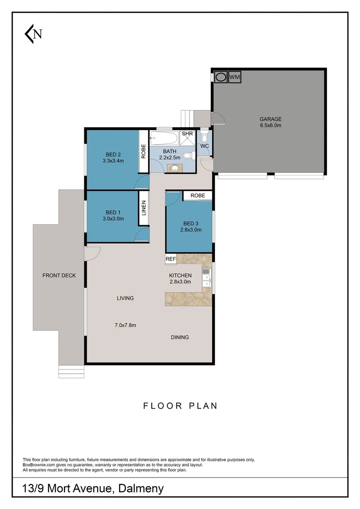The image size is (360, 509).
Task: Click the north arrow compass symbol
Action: pyautogui.click(x=33, y=34)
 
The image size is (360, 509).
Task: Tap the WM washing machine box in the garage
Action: pyautogui.click(x=234, y=77)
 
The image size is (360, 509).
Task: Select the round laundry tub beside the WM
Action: pyautogui.click(x=220, y=77)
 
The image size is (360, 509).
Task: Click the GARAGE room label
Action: pyautogui.click(x=270, y=119)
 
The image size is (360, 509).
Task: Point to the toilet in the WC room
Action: pyautogui.click(x=204, y=138)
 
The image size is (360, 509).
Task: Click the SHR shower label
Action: pyautogui.click(x=188, y=134)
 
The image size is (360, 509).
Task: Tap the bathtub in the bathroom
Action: pyautogui.click(x=164, y=139)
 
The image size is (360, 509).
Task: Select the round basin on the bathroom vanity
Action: pyautogui.click(x=175, y=168)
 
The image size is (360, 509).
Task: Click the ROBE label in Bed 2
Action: pyautogui.click(x=143, y=152)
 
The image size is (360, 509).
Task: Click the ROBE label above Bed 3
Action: pyautogui.click(x=198, y=195)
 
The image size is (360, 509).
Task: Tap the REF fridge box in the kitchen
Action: pyautogui.click(x=170, y=259)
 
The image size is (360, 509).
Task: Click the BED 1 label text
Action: pyautogui.click(x=114, y=213)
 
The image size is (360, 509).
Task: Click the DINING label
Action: pyautogui.click(x=180, y=337)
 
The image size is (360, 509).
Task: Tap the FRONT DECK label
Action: pyautogui.click(x=59, y=276)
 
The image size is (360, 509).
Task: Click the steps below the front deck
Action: pyautogui.click(x=71, y=371)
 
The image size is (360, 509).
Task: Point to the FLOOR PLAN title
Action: pyautogui.click(x=180, y=405)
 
